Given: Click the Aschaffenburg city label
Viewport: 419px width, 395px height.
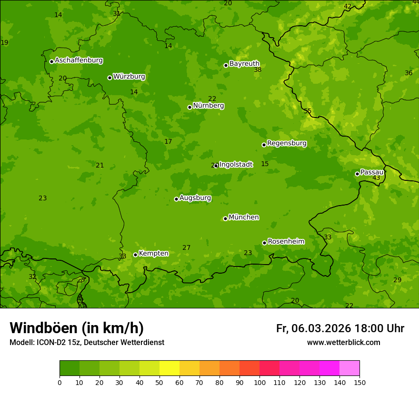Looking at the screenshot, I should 79,60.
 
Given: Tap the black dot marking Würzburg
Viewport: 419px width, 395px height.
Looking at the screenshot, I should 110,78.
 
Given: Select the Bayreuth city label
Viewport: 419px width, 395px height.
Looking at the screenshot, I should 244,64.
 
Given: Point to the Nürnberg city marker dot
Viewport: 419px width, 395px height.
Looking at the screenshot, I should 190,107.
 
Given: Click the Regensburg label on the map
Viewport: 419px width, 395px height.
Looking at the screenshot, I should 287,143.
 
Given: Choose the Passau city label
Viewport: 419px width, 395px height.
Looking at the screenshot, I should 372,172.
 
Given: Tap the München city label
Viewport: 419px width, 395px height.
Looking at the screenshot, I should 244,217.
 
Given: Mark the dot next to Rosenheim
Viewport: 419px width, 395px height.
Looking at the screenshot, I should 264,243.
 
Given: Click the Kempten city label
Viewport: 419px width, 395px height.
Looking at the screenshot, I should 153,254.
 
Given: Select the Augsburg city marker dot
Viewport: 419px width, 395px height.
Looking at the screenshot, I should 176,199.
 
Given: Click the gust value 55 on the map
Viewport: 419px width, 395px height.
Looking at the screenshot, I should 308,111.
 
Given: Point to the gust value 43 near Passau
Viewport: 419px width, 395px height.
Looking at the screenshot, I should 376,178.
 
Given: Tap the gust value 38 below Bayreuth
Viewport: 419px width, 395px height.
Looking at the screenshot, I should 258,70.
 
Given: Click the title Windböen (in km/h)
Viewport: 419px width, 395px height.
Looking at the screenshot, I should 77,328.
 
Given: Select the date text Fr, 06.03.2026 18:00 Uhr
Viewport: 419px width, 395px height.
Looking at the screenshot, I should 340,328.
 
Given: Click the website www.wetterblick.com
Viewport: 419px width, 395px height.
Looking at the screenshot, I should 343,342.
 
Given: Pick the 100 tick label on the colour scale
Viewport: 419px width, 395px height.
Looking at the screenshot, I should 259,383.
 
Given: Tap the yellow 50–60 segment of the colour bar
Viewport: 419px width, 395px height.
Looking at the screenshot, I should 170,368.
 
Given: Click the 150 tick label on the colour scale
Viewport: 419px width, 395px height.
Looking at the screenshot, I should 359,383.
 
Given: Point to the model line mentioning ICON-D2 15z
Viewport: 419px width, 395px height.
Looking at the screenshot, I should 87,342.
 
